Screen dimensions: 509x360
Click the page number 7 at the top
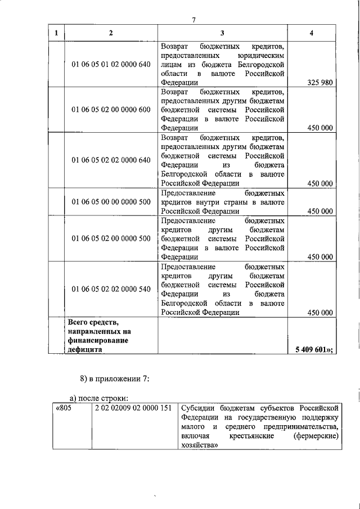193,21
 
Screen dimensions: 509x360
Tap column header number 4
312,33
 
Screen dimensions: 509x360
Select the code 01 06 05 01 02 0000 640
111,64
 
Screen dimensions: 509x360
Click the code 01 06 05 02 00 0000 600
111,109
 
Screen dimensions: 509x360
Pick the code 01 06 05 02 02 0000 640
111,160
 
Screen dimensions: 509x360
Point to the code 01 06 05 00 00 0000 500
111,201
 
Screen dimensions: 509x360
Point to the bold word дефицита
85,349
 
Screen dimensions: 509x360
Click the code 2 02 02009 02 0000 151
133,407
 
